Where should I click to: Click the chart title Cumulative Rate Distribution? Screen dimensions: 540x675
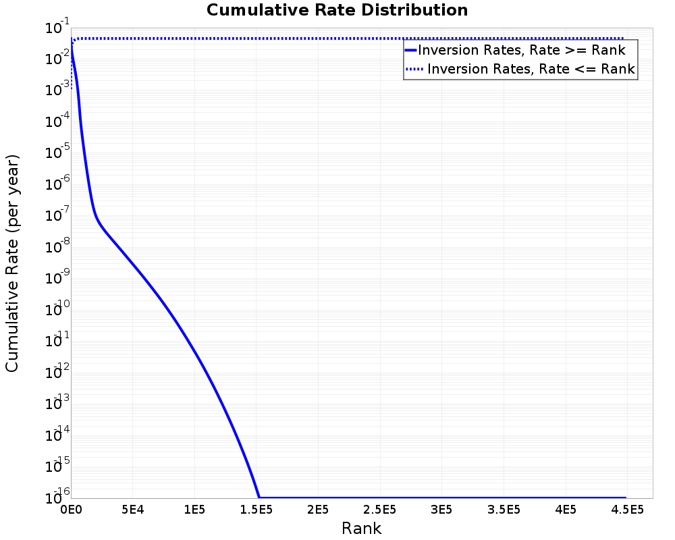click(x=337, y=11)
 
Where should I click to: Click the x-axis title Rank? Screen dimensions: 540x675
click(x=361, y=528)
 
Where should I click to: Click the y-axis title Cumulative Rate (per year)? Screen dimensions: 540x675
click(x=12, y=263)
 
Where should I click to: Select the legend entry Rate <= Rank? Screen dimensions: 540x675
click(x=531, y=69)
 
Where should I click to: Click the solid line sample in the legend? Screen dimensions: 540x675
click(x=410, y=50)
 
